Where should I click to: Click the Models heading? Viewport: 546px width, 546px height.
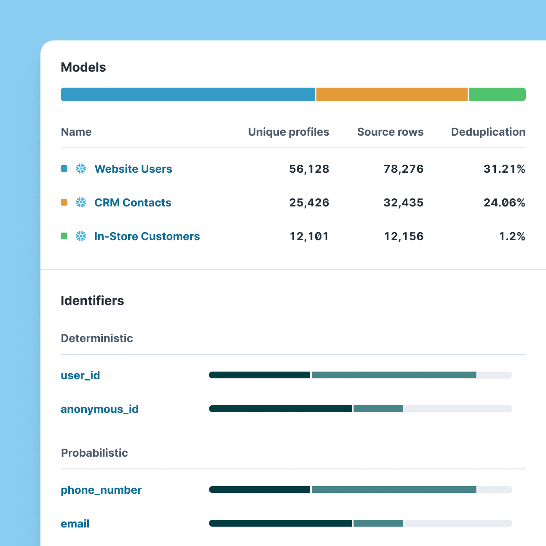pyautogui.click(x=83, y=67)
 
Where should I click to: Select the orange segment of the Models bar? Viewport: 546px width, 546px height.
pyautogui.click(x=392, y=94)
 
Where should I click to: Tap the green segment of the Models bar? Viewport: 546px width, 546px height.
pyautogui.click(x=497, y=94)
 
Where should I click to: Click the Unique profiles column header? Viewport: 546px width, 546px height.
pyautogui.click(x=289, y=132)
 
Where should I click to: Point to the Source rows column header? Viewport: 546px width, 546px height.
pyautogui.click(x=390, y=132)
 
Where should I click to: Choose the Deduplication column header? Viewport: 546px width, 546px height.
pyautogui.click(x=488, y=132)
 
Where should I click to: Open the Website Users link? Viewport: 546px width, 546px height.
pyautogui.click(x=133, y=169)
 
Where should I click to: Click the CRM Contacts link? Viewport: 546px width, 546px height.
pyautogui.click(x=133, y=203)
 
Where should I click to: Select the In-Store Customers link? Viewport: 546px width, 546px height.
pyautogui.click(x=147, y=236)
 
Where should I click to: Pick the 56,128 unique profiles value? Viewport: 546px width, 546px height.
pyautogui.click(x=309, y=169)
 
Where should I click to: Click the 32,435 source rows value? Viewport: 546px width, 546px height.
pyautogui.click(x=403, y=203)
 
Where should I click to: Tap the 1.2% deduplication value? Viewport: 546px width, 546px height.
pyautogui.click(x=512, y=236)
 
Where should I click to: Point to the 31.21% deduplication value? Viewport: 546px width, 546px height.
pyautogui.click(x=504, y=169)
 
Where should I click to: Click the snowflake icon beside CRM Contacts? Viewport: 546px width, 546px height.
pyautogui.click(x=81, y=203)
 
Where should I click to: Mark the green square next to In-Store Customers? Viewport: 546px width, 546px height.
pyautogui.click(x=64, y=236)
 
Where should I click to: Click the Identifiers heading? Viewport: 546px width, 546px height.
pyautogui.click(x=92, y=301)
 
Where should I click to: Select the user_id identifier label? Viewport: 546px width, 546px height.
pyautogui.click(x=80, y=375)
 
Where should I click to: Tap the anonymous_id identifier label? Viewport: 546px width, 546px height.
pyautogui.click(x=99, y=409)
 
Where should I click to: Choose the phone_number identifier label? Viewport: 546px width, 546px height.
pyautogui.click(x=101, y=490)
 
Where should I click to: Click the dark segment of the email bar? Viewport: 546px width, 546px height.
pyautogui.click(x=280, y=523)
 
